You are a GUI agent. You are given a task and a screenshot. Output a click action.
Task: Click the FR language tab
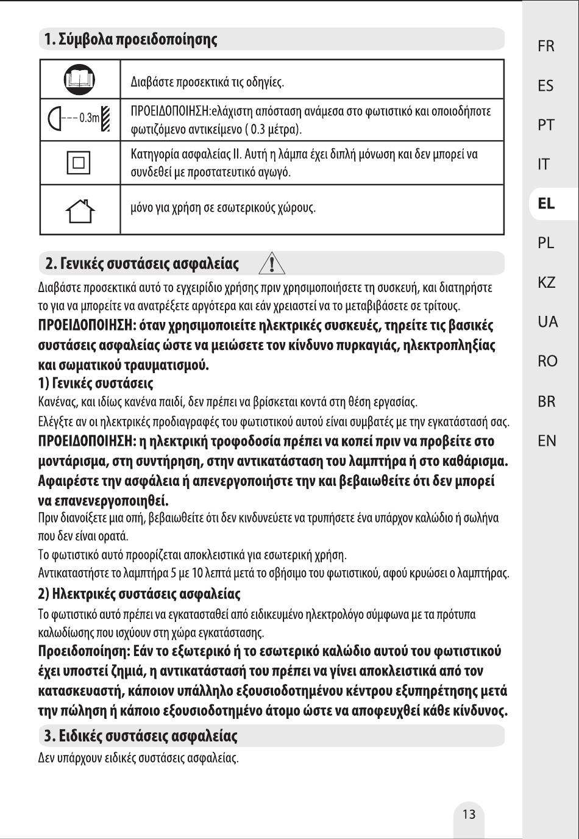(546, 46)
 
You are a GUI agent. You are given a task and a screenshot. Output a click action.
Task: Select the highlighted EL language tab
(546, 204)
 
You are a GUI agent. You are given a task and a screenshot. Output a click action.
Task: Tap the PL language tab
(546, 243)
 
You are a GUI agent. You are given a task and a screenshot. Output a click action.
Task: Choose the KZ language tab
(547, 283)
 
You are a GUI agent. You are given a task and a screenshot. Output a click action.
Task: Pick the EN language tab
(547, 440)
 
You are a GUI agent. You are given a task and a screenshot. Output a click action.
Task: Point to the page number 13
(469, 815)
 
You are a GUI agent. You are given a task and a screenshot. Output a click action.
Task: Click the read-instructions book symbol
(80, 80)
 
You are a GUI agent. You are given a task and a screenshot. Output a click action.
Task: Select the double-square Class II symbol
(79, 163)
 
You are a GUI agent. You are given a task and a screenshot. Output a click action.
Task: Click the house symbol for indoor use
(80, 210)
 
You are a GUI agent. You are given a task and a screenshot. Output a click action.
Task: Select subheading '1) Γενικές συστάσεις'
(96, 384)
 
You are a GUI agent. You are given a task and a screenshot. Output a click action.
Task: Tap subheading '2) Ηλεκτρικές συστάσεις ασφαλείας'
(139, 593)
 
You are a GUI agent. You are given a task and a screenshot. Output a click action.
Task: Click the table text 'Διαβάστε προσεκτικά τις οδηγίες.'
(208, 82)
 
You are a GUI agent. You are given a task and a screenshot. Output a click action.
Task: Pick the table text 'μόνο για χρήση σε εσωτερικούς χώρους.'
(223, 208)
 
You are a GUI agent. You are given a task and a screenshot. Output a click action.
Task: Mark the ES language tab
(546, 86)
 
